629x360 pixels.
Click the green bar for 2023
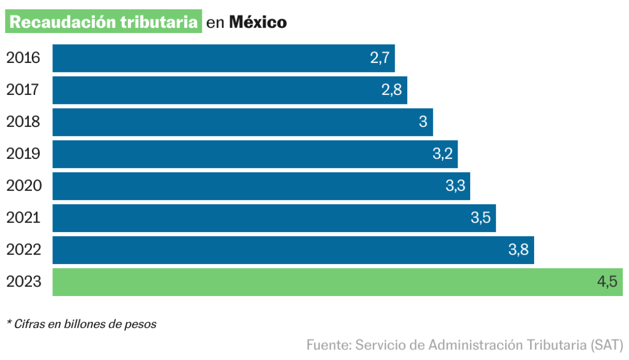coord(314,282)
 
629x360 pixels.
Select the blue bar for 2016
coord(210,58)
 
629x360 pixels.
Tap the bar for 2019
coord(236,154)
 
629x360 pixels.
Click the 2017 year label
coord(23,90)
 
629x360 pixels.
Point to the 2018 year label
coord(23,122)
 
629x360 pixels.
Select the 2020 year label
coord(23,186)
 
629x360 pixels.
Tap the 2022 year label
coord(23,250)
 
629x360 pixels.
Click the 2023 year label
coord(23,282)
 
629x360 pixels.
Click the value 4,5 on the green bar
coord(607,282)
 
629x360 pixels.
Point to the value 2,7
coord(379,58)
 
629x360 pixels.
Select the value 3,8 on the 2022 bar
coord(518,250)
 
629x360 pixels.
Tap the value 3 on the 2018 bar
coord(423,122)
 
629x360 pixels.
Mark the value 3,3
coord(455,186)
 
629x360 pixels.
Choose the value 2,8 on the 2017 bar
coord(392,90)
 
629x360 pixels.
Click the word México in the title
coord(258,23)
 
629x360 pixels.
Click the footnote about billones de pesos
coord(81,324)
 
